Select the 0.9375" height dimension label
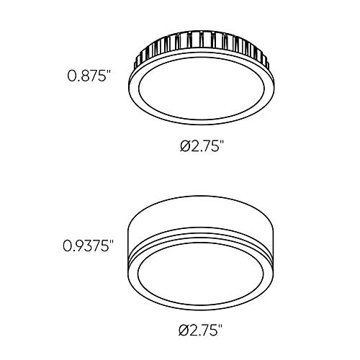pos(89,246)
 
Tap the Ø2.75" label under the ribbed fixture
pos(202,146)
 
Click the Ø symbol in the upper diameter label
pos(185,146)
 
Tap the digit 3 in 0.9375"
pos(86,246)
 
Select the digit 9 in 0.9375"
pos(78,246)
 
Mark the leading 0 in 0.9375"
pos(66,246)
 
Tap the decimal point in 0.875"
pos(78,79)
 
